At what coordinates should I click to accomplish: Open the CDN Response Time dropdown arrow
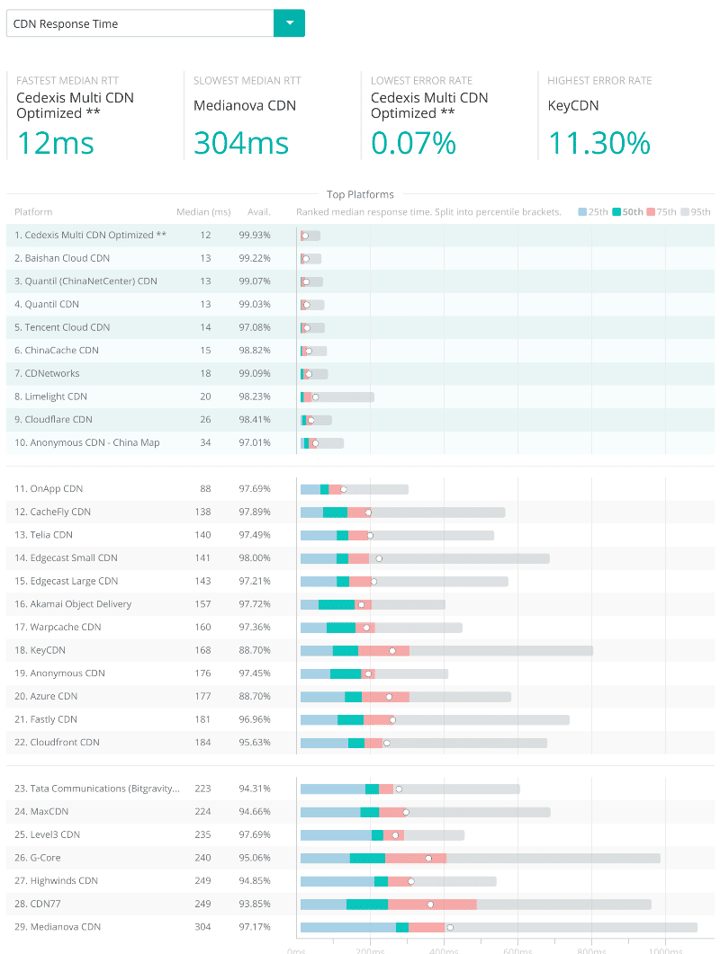coord(289,23)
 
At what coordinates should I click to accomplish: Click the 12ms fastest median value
coord(55,143)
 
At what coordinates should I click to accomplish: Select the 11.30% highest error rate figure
coord(598,143)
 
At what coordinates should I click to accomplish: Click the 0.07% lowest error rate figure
coord(413,143)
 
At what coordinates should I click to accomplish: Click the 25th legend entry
coord(594,212)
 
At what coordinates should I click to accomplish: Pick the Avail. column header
coord(259,212)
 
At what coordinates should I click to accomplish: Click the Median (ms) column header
coord(203,212)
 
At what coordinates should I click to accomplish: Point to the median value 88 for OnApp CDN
coord(205,489)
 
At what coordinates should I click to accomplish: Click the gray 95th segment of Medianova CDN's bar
coord(576,927)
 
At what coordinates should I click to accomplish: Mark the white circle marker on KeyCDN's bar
coord(392,650)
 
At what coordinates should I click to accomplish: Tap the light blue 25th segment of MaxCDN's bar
coord(330,812)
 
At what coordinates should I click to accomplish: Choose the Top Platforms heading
coord(360,194)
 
